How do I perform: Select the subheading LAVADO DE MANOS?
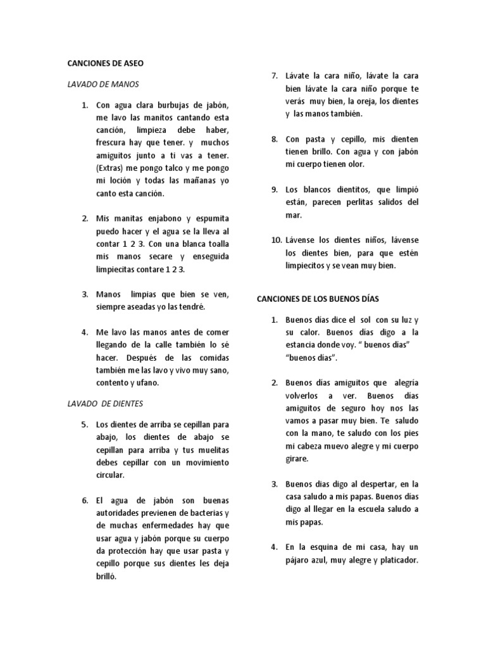(103, 84)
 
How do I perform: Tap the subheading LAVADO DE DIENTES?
(105, 402)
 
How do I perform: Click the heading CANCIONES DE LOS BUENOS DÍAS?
(326, 298)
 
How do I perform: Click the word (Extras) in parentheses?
(111, 168)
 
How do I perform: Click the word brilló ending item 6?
(106, 576)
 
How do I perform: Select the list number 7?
(275, 76)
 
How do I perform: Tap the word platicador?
(395, 560)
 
